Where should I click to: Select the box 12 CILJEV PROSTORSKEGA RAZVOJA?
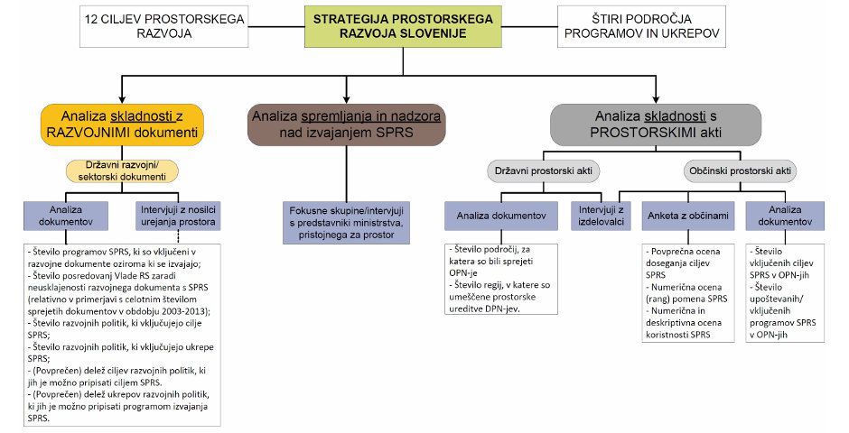pos(141,26)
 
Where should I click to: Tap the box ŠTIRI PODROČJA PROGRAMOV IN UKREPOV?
pos(640,26)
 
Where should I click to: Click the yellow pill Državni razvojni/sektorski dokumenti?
pos(123,171)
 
